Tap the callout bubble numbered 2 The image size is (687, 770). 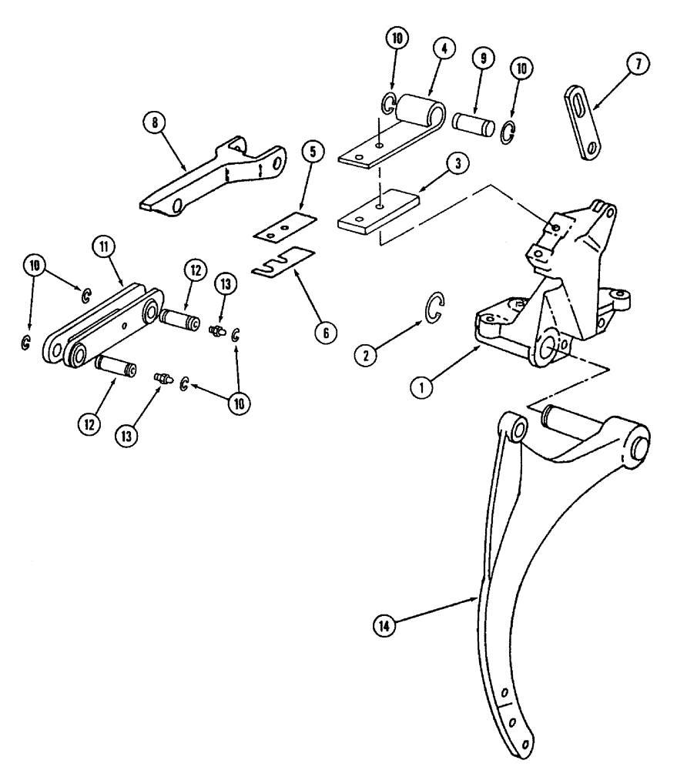[366, 354]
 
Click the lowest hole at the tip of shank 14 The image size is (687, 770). [525, 745]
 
